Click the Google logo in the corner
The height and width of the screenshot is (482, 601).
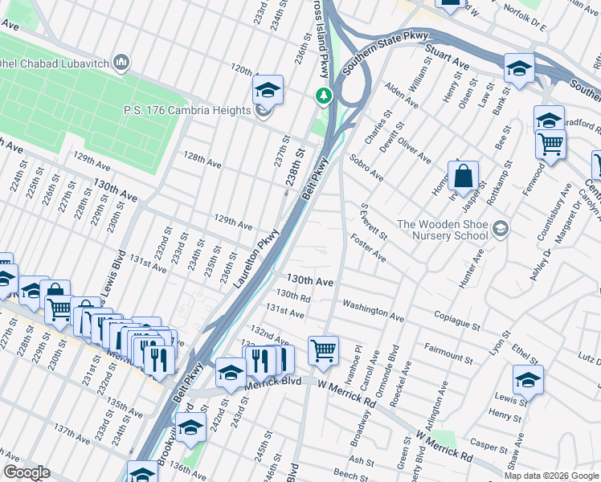coord(26,472)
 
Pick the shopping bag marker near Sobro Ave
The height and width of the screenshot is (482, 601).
coord(464,177)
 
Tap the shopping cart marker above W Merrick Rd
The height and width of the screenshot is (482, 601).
coord(323,350)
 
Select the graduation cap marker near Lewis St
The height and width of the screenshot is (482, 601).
coord(528,379)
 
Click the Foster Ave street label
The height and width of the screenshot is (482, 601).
coord(368,248)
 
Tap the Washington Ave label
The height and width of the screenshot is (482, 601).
coord(373,312)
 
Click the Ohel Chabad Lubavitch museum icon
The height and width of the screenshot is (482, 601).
coord(122,62)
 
